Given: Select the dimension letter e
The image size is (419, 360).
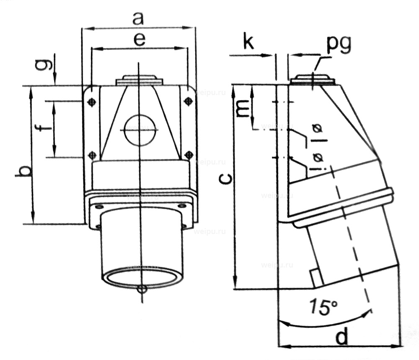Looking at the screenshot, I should click(x=140, y=40).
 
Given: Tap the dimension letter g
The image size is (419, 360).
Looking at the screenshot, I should click(x=49, y=64).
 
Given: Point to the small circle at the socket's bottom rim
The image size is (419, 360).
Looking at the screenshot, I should click(x=142, y=289).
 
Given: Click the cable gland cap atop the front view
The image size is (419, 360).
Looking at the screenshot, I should click(x=140, y=80).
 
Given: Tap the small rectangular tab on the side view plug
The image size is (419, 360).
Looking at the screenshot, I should click(x=316, y=278).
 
